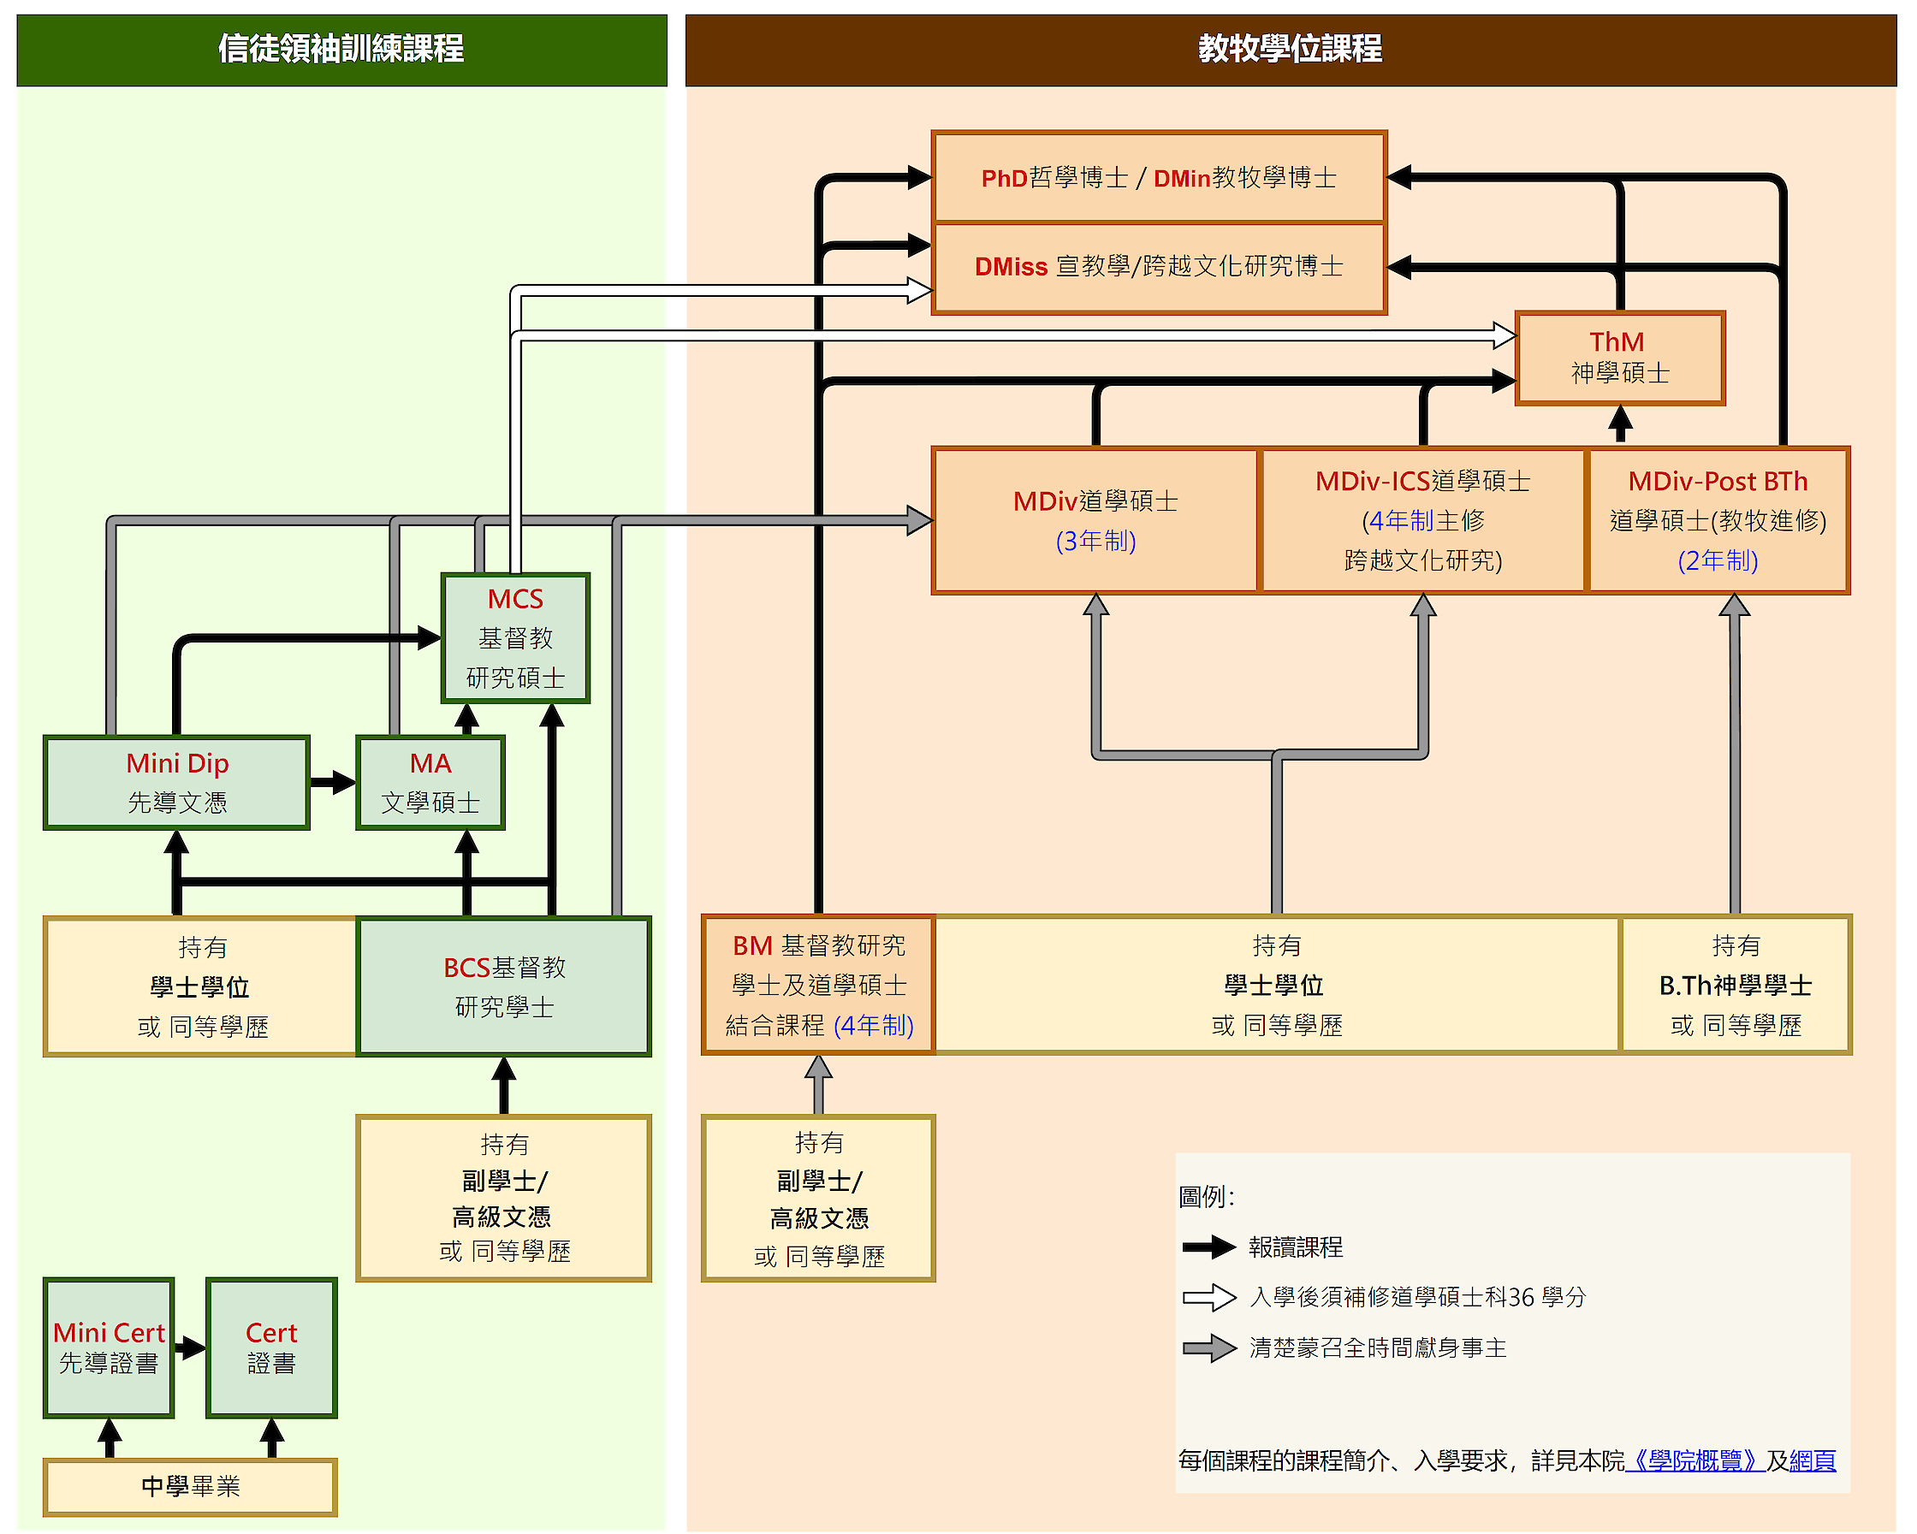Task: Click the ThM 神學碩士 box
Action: pyautogui.click(x=1619, y=358)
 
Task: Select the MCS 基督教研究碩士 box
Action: pyautogui.click(x=516, y=638)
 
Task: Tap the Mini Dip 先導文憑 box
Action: pyautogui.click(x=177, y=783)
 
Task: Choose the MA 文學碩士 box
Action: pyautogui.click(x=430, y=783)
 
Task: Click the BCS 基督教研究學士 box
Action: pyautogui.click(x=504, y=986)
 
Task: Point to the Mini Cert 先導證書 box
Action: pyautogui.click(x=109, y=1347)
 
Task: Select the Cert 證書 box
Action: pyautogui.click(x=271, y=1347)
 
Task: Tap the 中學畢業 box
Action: pyautogui.click(x=190, y=1486)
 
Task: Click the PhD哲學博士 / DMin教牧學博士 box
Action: pyautogui.click(x=1159, y=178)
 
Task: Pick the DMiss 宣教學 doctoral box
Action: pyautogui.click(x=1159, y=268)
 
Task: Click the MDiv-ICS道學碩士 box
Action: pyautogui.click(x=1422, y=520)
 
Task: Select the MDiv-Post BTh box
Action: pyautogui.click(x=1718, y=520)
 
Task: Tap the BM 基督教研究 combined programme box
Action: pyautogui.click(x=818, y=985)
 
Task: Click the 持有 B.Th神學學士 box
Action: pyautogui.click(x=1736, y=985)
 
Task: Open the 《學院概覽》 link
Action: pyautogui.click(x=1694, y=1460)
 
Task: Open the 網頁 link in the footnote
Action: pyautogui.click(x=1812, y=1460)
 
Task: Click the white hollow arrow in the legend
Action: pyautogui.click(x=1209, y=1298)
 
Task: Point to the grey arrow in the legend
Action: pyautogui.click(x=1209, y=1348)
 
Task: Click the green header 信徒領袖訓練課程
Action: pyautogui.click(x=341, y=50)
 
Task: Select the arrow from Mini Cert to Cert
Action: pyautogui.click(x=190, y=1348)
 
